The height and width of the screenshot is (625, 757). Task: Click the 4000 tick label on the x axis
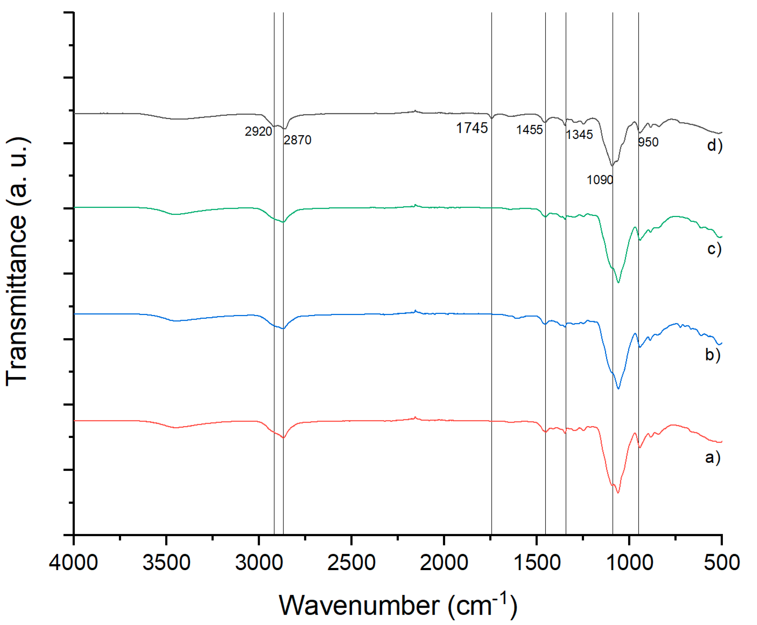pos(73,563)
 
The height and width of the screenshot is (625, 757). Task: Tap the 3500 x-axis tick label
pos(166,563)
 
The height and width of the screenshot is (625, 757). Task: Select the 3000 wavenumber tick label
pos(259,563)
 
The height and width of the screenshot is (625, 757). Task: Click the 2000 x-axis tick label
pos(444,563)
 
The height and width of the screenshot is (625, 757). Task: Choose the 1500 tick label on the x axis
pos(537,563)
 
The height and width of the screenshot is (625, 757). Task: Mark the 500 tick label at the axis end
pos(721,563)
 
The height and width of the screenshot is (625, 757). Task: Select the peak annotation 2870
pos(297,140)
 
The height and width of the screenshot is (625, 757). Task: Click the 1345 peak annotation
pos(579,135)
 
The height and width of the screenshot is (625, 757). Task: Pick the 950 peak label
pos(648,142)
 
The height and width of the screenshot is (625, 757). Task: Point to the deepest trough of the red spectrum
pos(618,493)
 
